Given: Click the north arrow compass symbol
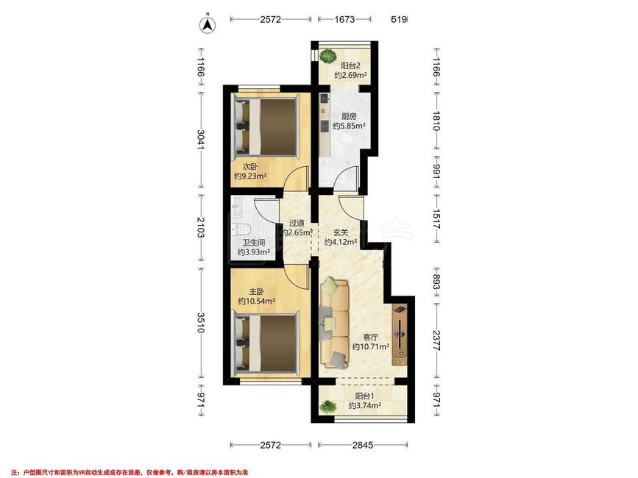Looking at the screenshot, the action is click(x=207, y=25).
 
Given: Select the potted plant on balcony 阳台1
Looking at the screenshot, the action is click(x=328, y=406).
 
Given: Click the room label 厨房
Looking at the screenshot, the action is click(x=349, y=117).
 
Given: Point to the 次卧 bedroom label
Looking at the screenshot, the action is click(x=250, y=166).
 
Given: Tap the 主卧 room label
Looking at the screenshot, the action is click(x=257, y=291).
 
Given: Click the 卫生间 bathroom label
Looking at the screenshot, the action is click(x=254, y=243).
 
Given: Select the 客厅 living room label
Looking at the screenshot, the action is click(x=371, y=337).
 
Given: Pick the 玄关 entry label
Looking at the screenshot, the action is click(x=341, y=233).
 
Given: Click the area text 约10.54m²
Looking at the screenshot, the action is click(x=257, y=302).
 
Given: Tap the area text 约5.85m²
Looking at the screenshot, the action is click(x=349, y=126).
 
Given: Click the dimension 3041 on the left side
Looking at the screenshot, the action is click(x=200, y=140).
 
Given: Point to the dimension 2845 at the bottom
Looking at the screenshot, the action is click(x=363, y=445).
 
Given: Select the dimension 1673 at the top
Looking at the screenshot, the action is click(x=344, y=19).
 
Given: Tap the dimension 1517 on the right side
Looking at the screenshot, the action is click(x=436, y=218).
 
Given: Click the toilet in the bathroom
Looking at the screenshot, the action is click(x=241, y=228).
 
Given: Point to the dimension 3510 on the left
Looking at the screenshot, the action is click(x=200, y=323).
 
